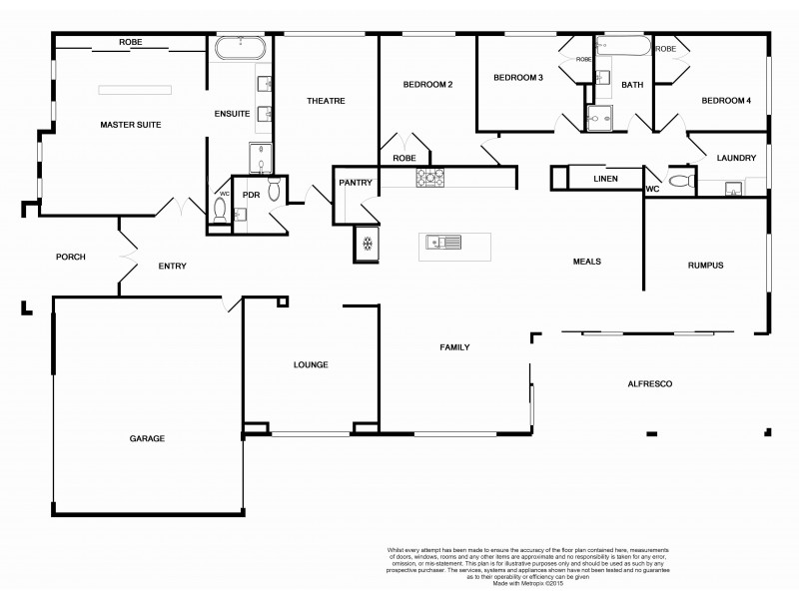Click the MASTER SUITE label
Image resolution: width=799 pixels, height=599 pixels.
pyautogui.click(x=130, y=125)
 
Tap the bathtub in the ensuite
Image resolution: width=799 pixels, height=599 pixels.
pyautogui.click(x=241, y=48)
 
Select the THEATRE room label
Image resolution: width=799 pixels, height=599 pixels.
pyautogui.click(x=326, y=101)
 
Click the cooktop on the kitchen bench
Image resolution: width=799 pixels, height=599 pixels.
pyautogui.click(x=430, y=177)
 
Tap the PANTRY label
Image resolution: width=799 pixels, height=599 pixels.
pyautogui.click(x=356, y=183)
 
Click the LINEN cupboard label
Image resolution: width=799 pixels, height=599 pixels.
pyautogui.click(x=605, y=179)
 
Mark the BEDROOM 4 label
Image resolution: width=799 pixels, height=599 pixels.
pyautogui.click(x=725, y=101)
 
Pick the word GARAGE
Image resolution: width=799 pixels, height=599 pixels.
pyautogui.click(x=147, y=438)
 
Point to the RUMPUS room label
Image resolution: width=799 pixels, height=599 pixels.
pyautogui.click(x=705, y=266)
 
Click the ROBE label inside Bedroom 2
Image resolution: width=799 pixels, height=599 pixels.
pyautogui.click(x=403, y=158)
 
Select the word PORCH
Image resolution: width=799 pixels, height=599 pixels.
pyautogui.click(x=70, y=258)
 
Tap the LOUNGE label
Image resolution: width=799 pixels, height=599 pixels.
pyautogui.click(x=311, y=364)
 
